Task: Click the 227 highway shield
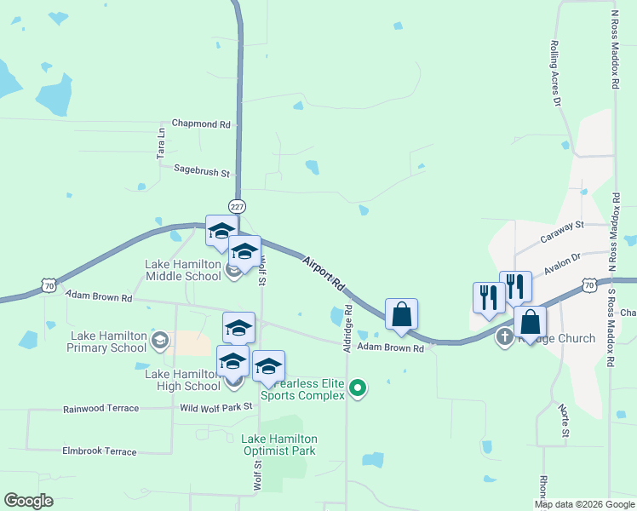237,206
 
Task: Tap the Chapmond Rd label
201,124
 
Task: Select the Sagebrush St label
202,172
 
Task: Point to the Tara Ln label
160,144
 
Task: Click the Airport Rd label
323,271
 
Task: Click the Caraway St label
561,226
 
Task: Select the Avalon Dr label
563,256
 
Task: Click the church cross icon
504,336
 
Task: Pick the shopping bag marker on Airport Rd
401,313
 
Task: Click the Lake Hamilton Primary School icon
159,342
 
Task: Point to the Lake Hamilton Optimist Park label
278,445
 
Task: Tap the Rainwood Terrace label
100,409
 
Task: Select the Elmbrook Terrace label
99,451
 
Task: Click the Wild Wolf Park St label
216,408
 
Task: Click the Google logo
28,501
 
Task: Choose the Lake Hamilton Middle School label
183,270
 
